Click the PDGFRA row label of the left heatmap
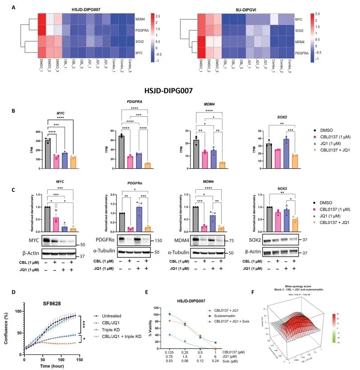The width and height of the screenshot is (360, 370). point(143,31)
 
